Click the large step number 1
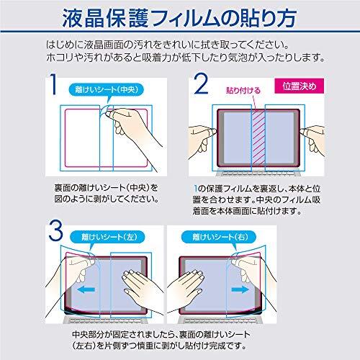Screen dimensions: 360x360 pyautogui.click(x=54, y=84)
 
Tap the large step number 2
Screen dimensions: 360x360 pyautogui.click(x=201, y=84)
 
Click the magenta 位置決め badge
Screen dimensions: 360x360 pyautogui.click(x=299, y=86)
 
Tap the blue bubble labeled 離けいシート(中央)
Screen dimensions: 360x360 pyautogui.click(x=107, y=90)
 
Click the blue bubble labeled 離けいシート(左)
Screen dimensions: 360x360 pyautogui.click(x=107, y=237)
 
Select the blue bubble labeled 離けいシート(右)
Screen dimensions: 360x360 pyautogui.click(x=219, y=237)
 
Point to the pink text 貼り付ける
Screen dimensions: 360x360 pyautogui.click(x=243, y=91)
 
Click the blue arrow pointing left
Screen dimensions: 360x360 pyautogui.click(x=86, y=289)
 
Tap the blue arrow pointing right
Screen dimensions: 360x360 pyautogui.click(x=240, y=289)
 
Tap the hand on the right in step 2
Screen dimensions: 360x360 pyautogui.click(x=312, y=140)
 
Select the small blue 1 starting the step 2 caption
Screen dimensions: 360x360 pyautogui.click(x=196, y=189)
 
